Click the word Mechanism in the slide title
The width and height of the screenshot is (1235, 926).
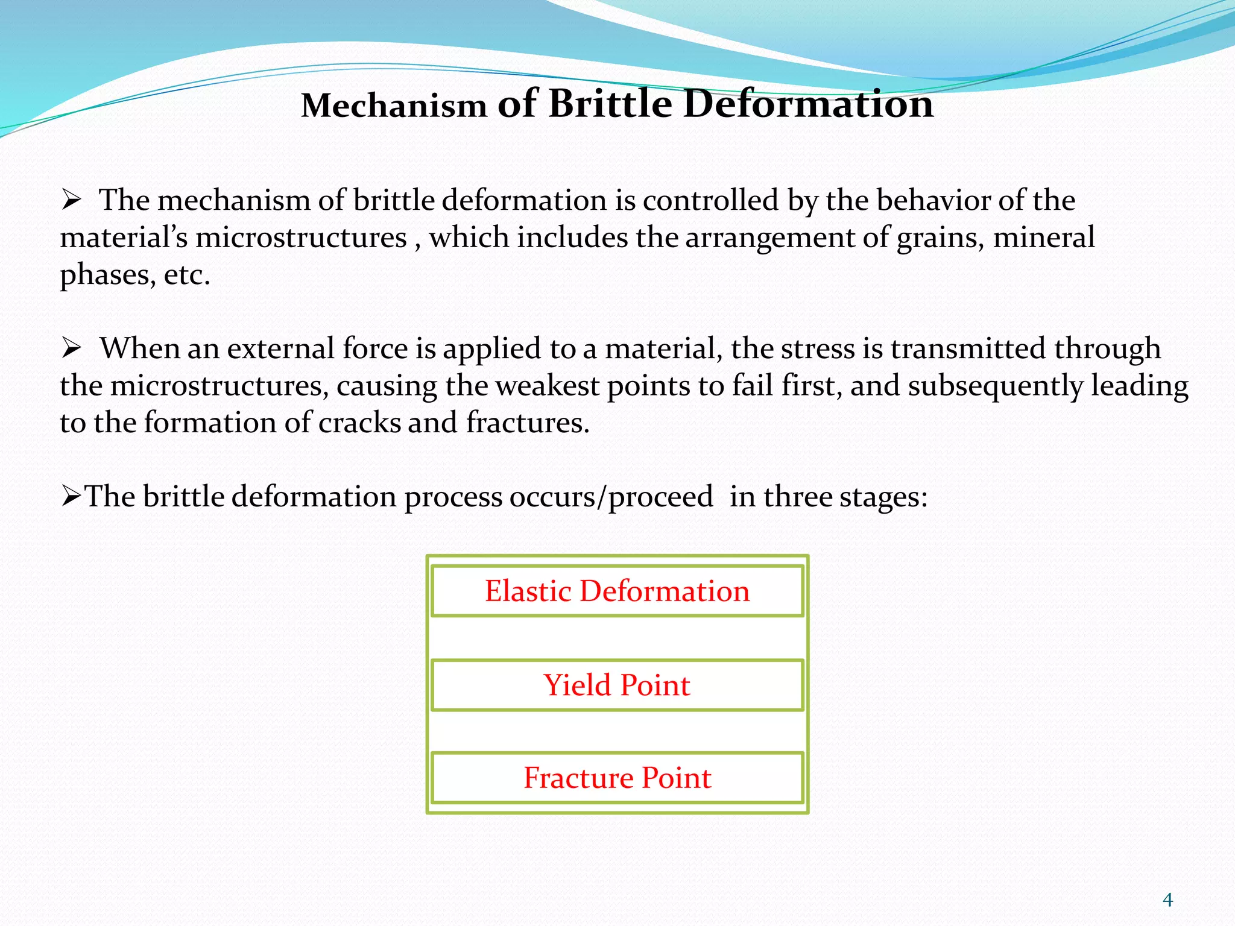pos(394,106)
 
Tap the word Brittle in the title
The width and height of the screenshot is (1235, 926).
pos(610,104)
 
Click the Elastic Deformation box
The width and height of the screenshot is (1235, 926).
pos(617,591)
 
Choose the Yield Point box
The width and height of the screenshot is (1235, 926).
pos(617,685)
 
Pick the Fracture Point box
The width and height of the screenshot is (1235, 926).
pos(617,778)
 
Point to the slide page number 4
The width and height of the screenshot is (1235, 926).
pos(1167,900)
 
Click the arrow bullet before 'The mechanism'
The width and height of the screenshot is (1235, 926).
pos(71,200)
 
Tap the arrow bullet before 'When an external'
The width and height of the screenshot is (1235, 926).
pos(71,348)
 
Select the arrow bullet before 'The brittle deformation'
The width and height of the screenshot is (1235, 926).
pos(71,497)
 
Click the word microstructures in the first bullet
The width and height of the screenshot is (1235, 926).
pos(301,238)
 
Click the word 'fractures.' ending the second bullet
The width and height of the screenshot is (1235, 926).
pos(528,423)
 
